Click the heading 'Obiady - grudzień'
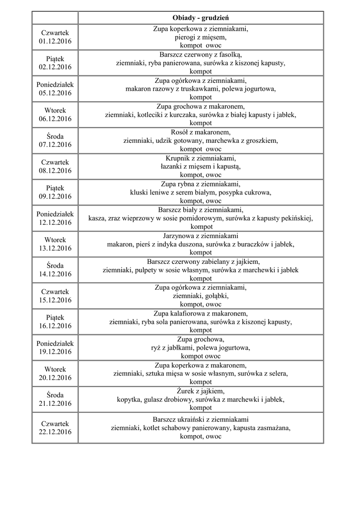[201, 18]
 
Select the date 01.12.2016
[55, 41]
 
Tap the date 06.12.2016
[55, 119]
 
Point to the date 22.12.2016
[55, 432]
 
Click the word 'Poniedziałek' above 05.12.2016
[55, 84]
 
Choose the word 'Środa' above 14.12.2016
[55, 265]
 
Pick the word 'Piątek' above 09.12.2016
[55, 188]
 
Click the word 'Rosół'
[180, 132]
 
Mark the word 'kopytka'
[129, 399]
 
